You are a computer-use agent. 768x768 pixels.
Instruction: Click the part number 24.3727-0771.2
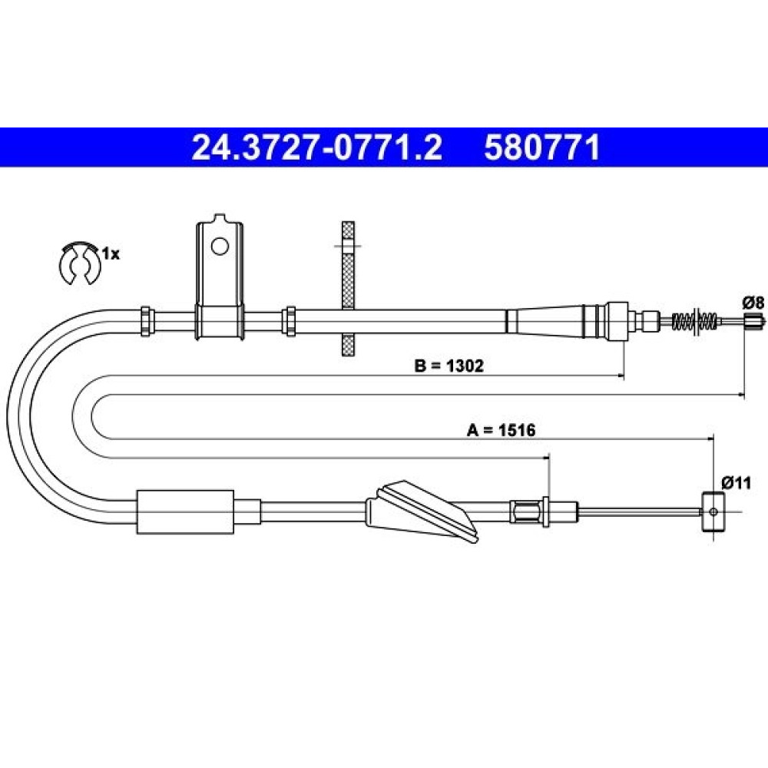click(317, 148)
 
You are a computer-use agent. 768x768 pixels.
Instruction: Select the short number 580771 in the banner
click(541, 148)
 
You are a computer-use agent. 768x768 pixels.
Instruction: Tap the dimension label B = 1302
click(449, 366)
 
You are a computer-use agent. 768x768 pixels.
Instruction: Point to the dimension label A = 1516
click(501, 430)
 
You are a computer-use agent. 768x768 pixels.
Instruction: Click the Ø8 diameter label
click(753, 303)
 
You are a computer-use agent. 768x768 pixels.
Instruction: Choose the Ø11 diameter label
click(737, 483)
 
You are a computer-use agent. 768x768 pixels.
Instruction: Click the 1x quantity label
click(111, 253)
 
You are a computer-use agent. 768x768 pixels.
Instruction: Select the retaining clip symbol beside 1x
click(79, 263)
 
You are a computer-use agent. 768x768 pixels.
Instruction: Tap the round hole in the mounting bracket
click(220, 246)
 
